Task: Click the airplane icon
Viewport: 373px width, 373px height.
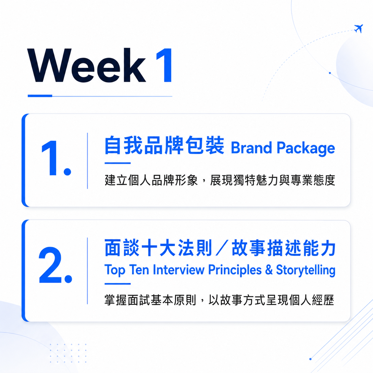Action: (358, 29)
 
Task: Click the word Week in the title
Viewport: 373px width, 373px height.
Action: (86, 65)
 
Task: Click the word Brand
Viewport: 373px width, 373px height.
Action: (251, 148)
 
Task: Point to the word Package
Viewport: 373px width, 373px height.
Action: (306, 148)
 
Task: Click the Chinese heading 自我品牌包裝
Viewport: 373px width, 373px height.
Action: (164, 145)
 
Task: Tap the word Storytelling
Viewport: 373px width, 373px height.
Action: (306, 270)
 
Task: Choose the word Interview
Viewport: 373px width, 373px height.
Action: (179, 269)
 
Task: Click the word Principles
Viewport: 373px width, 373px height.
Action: (235, 270)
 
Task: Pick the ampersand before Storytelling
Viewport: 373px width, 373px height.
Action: (269, 269)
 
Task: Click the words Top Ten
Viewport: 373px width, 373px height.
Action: (127, 270)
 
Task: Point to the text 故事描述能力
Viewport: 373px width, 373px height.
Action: (283, 248)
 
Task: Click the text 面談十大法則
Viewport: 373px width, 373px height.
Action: (158, 248)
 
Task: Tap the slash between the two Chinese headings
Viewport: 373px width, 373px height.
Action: (222, 248)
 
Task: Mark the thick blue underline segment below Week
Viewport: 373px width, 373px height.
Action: (40, 96)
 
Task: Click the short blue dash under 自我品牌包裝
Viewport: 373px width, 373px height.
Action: (118, 163)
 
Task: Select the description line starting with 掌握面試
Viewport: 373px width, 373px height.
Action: (219, 300)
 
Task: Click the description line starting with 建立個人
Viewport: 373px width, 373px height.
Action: (220, 180)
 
